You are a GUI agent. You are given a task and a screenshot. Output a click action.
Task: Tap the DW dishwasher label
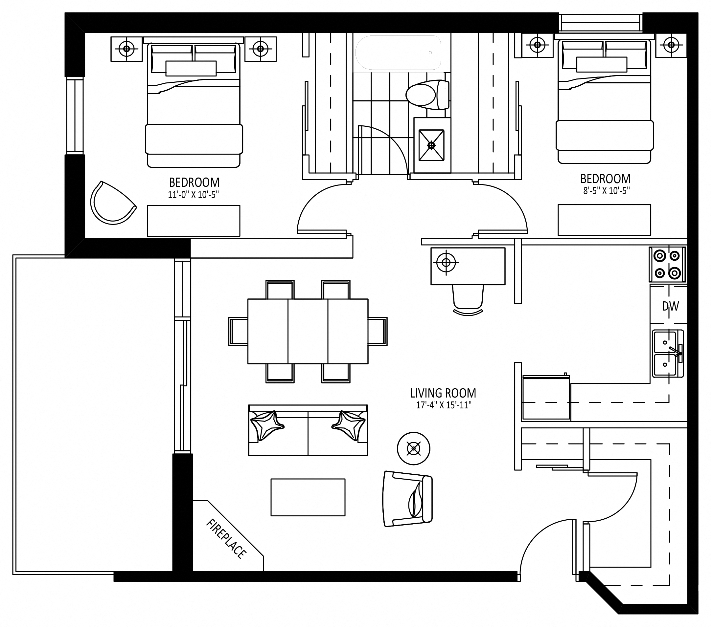(670, 306)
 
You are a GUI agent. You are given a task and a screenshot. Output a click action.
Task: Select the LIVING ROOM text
(443, 393)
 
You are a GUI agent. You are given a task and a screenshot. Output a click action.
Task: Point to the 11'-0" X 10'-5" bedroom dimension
(194, 195)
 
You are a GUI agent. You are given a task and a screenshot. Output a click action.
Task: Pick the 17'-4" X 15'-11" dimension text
(444, 405)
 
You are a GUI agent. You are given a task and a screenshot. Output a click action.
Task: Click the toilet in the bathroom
(427, 95)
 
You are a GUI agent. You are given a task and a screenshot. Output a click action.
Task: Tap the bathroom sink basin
(431, 145)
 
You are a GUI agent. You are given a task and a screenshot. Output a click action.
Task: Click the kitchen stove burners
(667, 265)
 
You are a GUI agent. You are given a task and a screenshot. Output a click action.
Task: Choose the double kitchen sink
(668, 354)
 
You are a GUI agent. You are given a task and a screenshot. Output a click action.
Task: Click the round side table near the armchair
(414, 449)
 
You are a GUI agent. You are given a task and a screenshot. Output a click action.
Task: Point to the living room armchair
(407, 498)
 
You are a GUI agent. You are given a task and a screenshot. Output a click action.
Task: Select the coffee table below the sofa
(308, 497)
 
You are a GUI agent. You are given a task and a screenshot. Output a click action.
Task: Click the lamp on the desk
(446, 262)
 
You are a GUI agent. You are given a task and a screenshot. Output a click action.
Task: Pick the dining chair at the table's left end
(238, 331)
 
